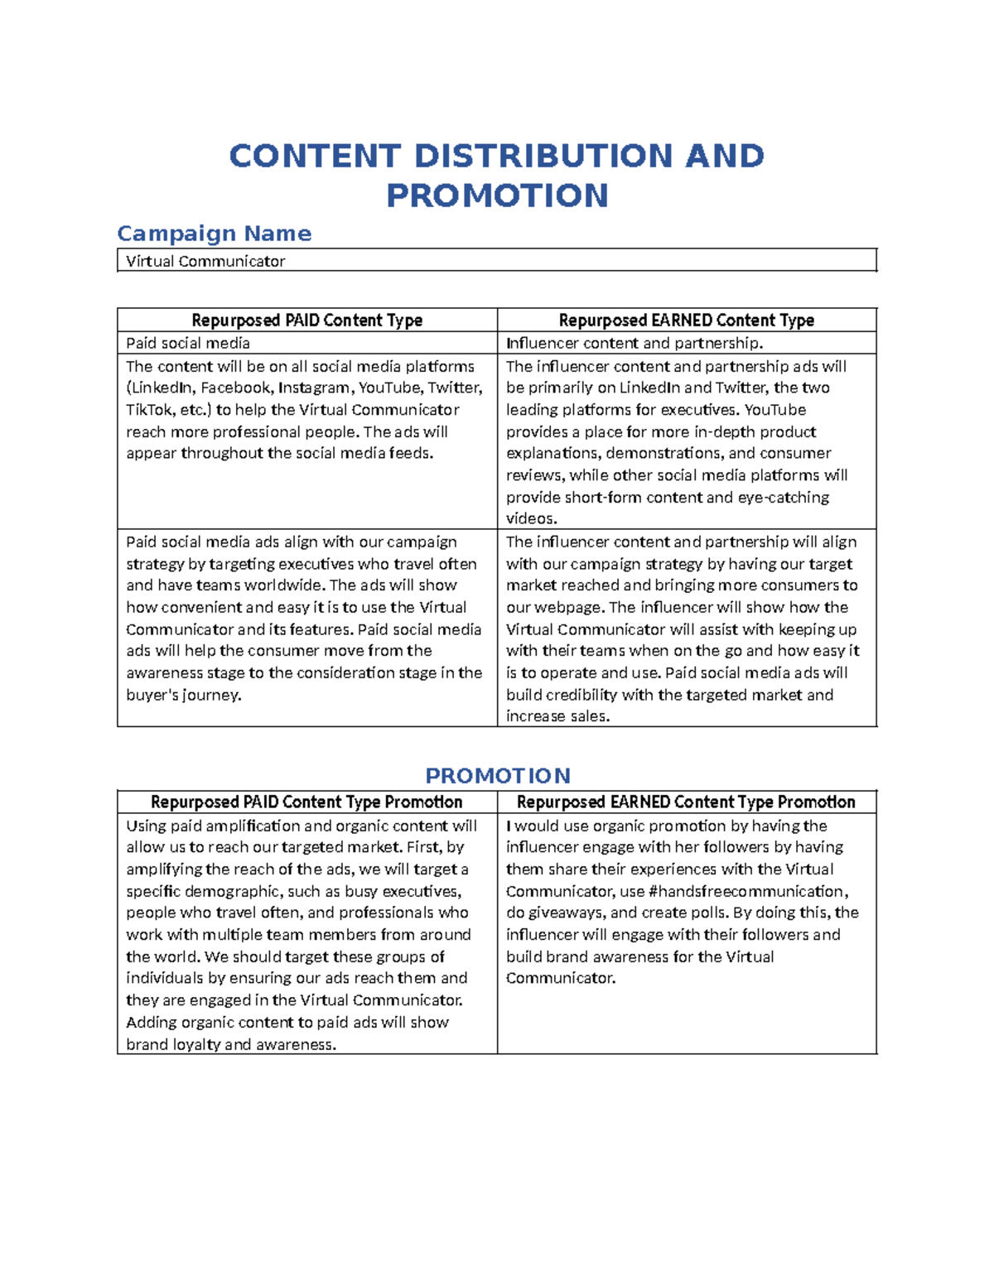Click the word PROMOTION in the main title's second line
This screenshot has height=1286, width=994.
click(x=497, y=195)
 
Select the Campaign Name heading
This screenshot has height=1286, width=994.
click(x=214, y=234)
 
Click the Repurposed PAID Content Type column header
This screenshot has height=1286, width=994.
click(x=306, y=320)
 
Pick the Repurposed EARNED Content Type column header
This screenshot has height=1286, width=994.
click(x=686, y=320)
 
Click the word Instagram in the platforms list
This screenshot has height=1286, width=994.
click(x=314, y=388)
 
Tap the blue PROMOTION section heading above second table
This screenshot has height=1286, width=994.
click(x=497, y=776)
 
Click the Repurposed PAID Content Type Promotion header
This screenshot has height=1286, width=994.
click(x=306, y=802)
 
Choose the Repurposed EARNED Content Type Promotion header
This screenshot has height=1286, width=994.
click(x=686, y=802)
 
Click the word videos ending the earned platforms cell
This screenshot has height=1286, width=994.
click(x=530, y=519)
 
